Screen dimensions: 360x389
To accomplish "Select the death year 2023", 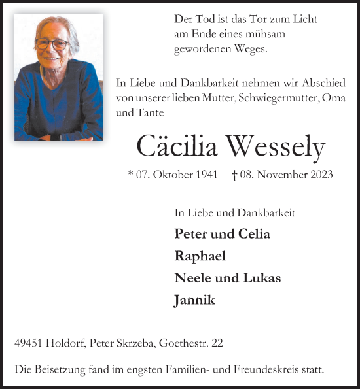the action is click(x=320, y=175).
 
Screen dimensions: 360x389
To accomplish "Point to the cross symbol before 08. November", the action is click(x=235, y=175).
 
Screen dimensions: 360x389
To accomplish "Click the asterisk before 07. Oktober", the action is click(x=131, y=175).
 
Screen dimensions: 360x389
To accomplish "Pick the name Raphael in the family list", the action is click(x=200, y=256).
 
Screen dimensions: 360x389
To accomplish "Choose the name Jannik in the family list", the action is click(x=194, y=300).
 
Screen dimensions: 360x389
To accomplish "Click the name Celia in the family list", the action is click(x=255, y=233).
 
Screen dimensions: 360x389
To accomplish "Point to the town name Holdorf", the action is click(x=68, y=343).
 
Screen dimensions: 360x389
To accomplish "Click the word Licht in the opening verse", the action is click(x=304, y=19).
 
